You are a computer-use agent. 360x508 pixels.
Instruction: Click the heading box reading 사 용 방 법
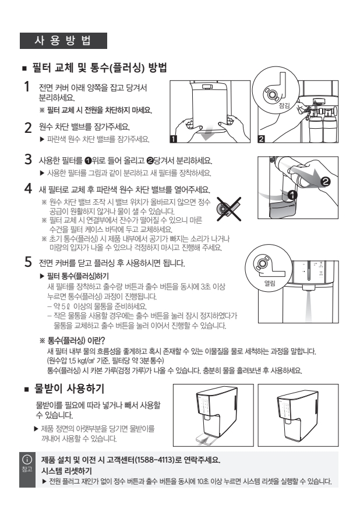(63, 41)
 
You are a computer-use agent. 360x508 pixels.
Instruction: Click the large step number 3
(28, 160)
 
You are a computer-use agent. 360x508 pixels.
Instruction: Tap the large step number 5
(28, 262)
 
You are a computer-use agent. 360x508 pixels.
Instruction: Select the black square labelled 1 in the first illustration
(174, 139)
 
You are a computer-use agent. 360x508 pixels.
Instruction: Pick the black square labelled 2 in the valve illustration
(261, 139)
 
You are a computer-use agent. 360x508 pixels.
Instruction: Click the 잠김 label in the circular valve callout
(284, 105)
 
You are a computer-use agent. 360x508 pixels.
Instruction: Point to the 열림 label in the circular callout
(270, 284)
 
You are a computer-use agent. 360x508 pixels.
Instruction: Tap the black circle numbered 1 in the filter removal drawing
(292, 195)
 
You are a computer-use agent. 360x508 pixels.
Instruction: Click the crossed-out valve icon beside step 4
(229, 209)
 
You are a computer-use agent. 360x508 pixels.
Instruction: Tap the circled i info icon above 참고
(27, 459)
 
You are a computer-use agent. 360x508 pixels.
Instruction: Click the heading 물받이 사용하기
(69, 388)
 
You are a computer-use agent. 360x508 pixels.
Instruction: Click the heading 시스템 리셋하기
(66, 471)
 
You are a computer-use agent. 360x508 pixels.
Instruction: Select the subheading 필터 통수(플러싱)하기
(78, 276)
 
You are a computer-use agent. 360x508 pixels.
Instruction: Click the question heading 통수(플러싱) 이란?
(76, 340)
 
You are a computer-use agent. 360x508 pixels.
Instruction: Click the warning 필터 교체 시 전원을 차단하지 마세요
(100, 110)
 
